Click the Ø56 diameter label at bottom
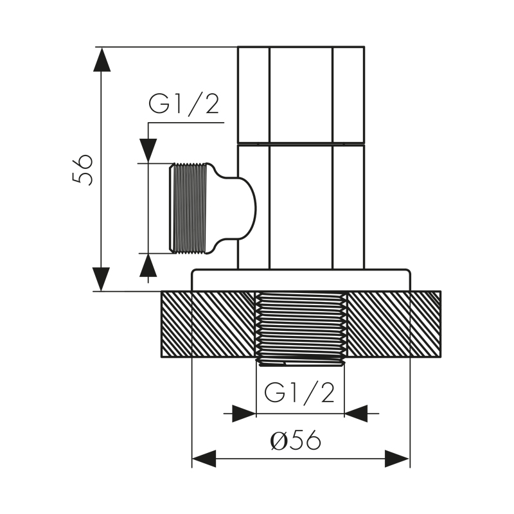tap(296, 441)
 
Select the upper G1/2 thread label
tap(184, 104)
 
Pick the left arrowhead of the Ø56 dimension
tap(204, 459)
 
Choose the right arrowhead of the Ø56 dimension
tap(397, 459)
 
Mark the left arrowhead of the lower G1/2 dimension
tap(244, 413)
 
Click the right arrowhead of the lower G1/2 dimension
tap(357, 413)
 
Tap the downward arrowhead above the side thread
tap(148, 150)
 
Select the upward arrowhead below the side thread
tap(148, 265)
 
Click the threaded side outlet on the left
tap(189, 208)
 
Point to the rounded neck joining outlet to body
tap(235, 208)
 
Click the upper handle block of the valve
tap(301, 94)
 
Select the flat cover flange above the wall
tap(301, 280)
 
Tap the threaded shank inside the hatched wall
tap(301, 326)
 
